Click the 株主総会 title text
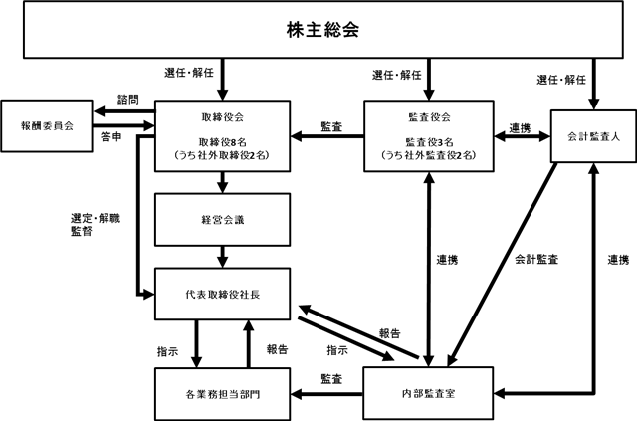point(322,30)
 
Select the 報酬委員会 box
point(47,126)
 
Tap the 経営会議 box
point(223,219)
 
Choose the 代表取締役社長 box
point(223,294)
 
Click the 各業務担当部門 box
point(223,394)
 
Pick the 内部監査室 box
point(428,393)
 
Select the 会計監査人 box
point(593,136)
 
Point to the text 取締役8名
point(223,142)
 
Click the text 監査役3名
point(429,142)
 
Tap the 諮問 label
point(128,100)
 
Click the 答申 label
point(110,137)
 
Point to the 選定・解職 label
point(96,218)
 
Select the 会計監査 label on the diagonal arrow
point(536,259)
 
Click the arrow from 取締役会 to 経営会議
point(222,182)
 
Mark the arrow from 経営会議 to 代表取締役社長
point(222,257)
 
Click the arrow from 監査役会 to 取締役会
point(327,136)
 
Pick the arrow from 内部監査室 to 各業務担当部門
point(326,394)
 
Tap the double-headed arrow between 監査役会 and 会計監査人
point(522,136)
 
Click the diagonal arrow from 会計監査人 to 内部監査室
point(502,265)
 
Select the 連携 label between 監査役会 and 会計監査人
point(520,128)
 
